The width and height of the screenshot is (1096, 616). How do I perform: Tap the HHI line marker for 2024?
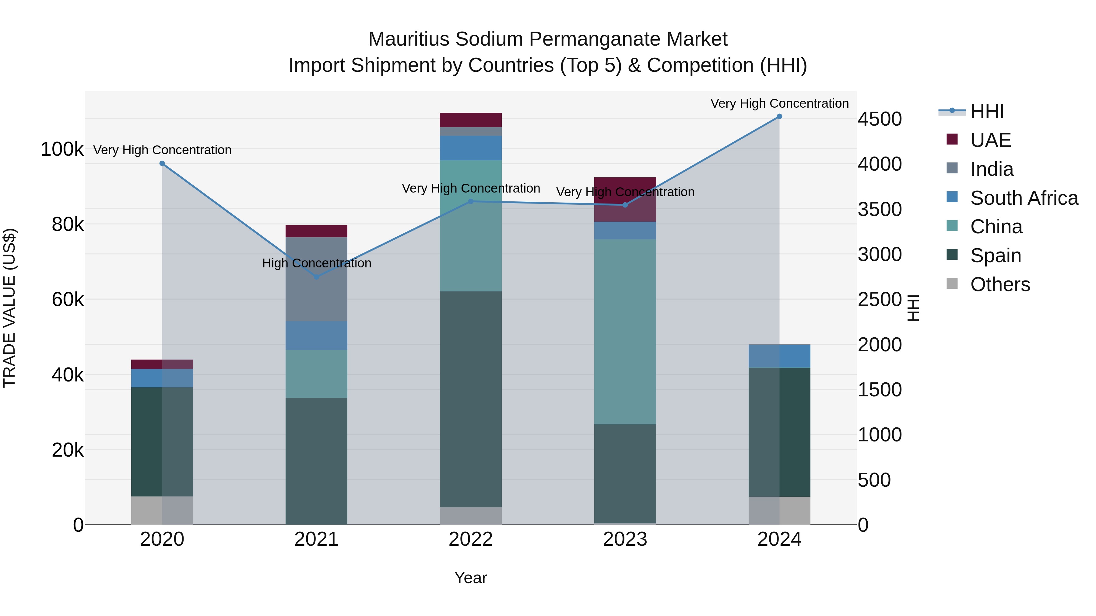(779, 117)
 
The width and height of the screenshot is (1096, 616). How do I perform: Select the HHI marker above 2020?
(162, 164)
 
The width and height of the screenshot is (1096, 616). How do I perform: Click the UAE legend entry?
(990, 140)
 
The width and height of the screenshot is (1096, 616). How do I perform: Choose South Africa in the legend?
(1024, 198)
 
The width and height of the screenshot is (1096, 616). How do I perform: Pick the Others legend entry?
(1000, 284)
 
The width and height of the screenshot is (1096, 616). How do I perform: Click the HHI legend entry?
(987, 111)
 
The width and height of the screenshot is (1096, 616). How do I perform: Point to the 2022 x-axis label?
(471, 539)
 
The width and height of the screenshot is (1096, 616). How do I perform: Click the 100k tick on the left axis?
(62, 150)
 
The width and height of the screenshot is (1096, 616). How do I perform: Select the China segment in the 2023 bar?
(625, 332)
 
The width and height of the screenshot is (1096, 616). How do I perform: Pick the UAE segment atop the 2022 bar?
(471, 120)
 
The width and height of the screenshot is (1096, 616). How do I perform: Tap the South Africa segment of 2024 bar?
(779, 356)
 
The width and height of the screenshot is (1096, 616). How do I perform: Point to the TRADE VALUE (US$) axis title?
(9, 308)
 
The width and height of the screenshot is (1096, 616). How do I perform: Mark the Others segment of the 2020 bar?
(162, 510)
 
